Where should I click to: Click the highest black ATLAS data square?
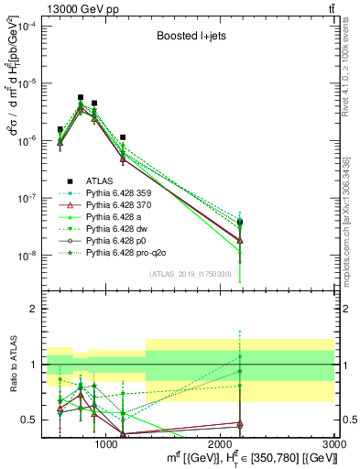[x=81, y=97]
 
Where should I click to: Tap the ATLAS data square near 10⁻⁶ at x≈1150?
[x=122, y=137]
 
